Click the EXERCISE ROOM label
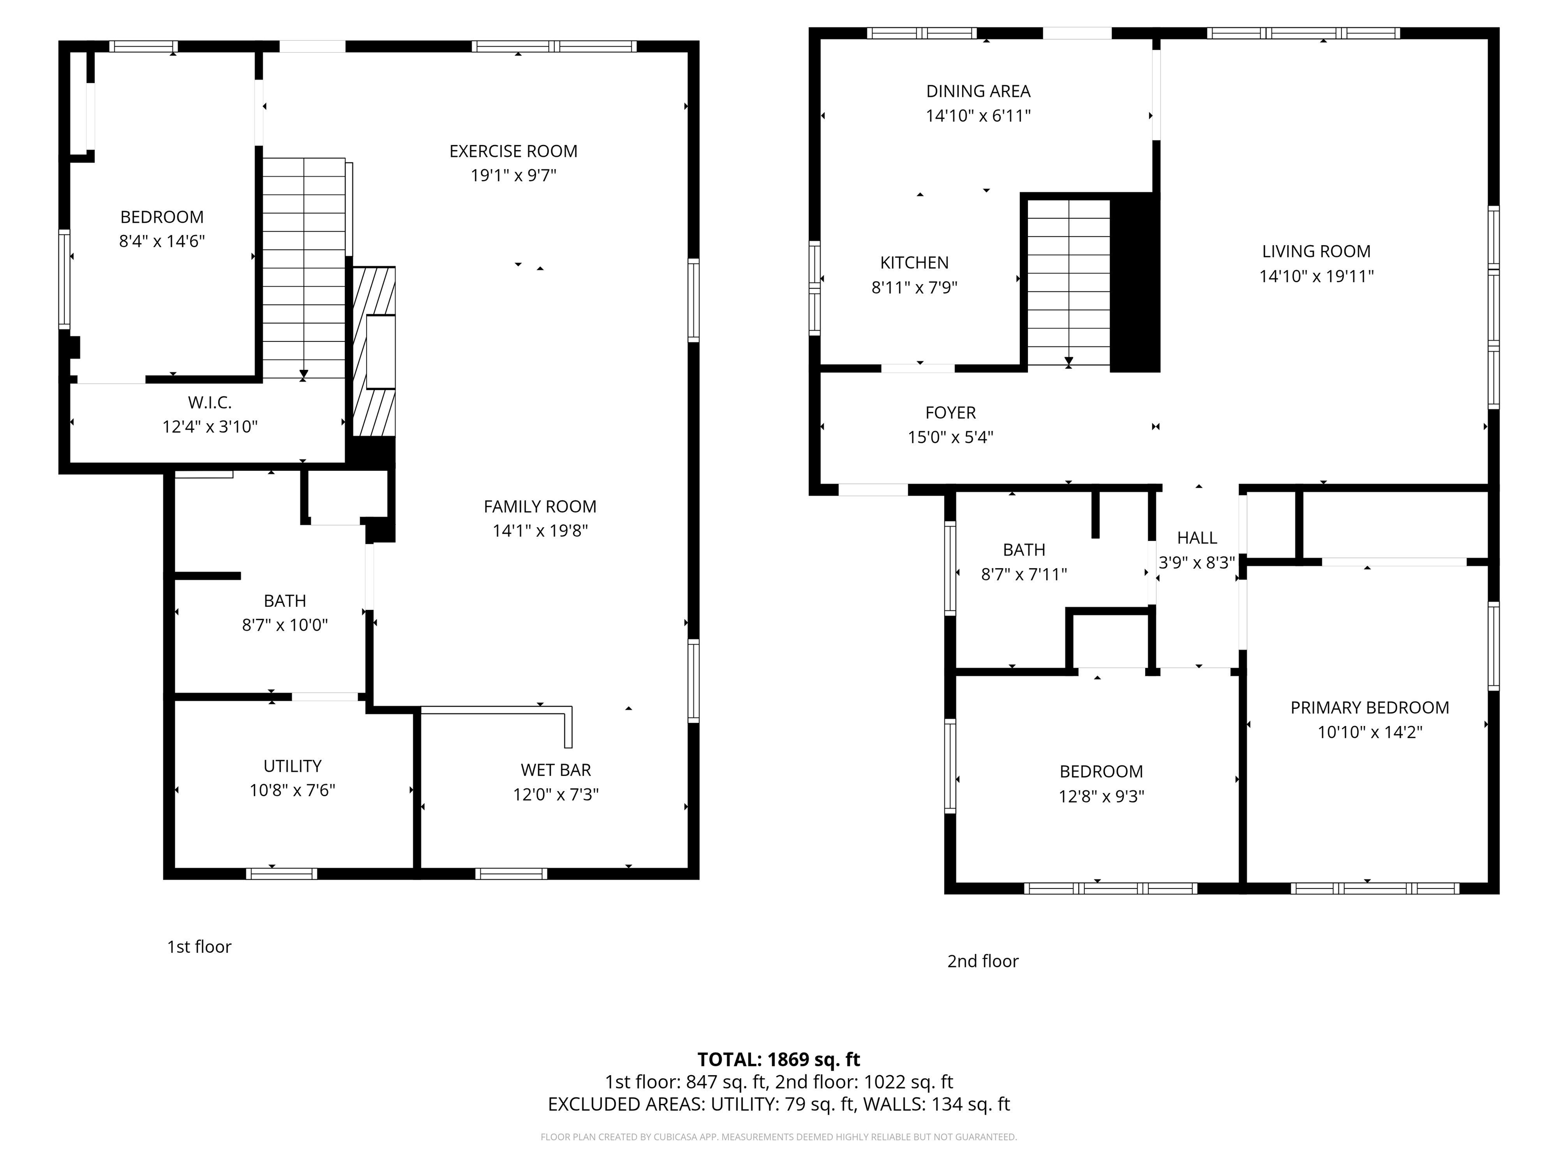point(513,151)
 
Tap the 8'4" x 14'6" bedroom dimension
point(161,241)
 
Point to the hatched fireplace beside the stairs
point(373,352)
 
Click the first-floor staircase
point(304,268)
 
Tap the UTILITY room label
point(292,766)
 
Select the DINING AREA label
point(978,91)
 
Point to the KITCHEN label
point(914,263)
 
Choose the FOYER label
point(950,412)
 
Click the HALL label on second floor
point(1197,538)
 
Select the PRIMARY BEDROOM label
point(1369,707)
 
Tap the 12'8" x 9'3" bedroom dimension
point(1101,796)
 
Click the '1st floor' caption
point(199,946)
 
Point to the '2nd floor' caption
point(982,961)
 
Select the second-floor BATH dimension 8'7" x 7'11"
point(1023,574)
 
